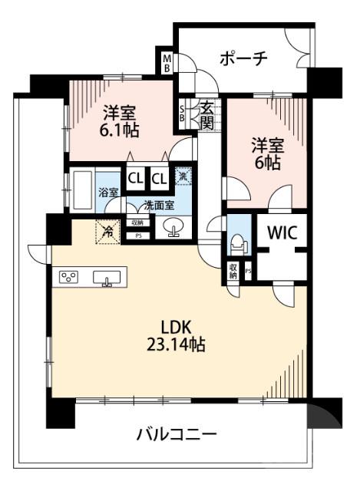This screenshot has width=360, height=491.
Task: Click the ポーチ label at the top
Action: tap(243, 58)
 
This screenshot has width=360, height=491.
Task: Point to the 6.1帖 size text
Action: tap(121, 130)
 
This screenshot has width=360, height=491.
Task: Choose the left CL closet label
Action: tap(134, 179)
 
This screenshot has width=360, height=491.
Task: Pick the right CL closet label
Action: tap(159, 179)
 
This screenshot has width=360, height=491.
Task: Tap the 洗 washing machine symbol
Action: tap(182, 176)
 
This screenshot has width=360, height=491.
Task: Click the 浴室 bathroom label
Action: tap(108, 193)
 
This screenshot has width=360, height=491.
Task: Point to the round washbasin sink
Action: tap(171, 228)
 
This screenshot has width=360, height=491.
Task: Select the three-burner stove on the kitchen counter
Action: tap(67, 278)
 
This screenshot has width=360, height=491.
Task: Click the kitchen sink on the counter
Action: tap(105, 278)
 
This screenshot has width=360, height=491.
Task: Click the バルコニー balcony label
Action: tap(177, 435)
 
